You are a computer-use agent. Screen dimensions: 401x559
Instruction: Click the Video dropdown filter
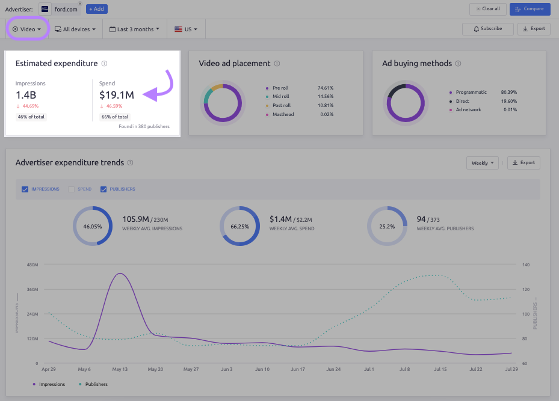tap(27, 29)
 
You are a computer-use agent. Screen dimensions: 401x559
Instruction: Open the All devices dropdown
tap(75, 29)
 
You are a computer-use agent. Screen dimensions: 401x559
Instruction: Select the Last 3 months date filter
tap(135, 29)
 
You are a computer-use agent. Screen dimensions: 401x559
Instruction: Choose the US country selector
tap(186, 29)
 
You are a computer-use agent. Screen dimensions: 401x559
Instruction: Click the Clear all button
tap(487, 9)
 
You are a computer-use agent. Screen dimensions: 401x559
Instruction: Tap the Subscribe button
tap(487, 29)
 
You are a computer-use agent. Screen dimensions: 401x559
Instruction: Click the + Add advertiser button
tap(96, 9)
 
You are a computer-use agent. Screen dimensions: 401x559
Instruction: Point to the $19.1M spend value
tap(117, 94)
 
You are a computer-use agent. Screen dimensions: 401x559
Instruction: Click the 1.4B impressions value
tap(26, 94)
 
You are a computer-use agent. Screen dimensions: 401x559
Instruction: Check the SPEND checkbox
tap(72, 189)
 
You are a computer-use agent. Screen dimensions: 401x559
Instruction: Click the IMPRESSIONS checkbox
tap(25, 189)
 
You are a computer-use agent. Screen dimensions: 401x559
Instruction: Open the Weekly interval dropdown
tap(483, 163)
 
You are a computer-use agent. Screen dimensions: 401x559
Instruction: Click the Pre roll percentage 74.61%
tap(326, 88)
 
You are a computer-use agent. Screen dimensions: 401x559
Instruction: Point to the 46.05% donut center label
tap(93, 227)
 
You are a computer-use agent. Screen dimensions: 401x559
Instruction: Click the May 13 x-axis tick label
tap(120, 369)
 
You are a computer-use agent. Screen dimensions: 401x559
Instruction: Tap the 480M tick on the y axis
tap(32, 265)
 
